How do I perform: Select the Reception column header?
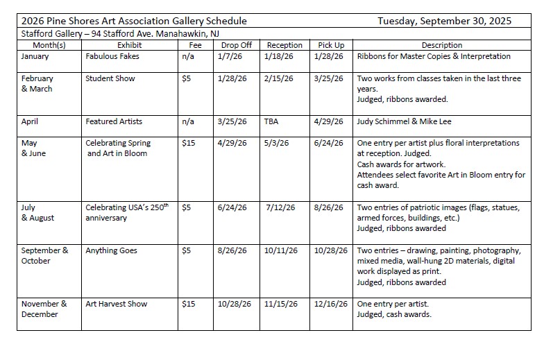(284, 45)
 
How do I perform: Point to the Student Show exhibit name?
(110, 78)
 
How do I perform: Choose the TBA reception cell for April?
(271, 121)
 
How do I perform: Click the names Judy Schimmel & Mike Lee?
(404, 121)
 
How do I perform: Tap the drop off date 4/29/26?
(232, 143)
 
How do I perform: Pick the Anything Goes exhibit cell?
(111, 250)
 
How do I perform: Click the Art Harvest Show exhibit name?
(115, 304)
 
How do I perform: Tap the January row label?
(35, 56)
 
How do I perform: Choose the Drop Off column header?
(236, 45)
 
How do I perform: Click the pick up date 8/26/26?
(329, 207)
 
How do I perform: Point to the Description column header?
(441, 45)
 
